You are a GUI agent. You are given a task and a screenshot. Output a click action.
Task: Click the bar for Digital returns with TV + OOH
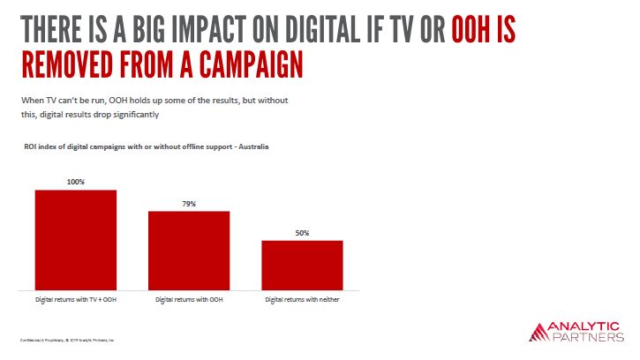[x=76, y=239]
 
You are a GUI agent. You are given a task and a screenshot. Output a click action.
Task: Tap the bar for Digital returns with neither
[x=302, y=265]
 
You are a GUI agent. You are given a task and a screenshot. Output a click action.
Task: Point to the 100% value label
[x=76, y=182]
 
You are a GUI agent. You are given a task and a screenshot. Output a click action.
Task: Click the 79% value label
[x=189, y=204]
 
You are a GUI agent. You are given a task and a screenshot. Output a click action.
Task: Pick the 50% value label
[x=302, y=233]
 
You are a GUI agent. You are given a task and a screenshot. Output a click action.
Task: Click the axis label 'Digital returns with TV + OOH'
[x=76, y=300]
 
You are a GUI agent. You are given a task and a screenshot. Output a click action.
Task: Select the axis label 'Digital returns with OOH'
[x=189, y=300]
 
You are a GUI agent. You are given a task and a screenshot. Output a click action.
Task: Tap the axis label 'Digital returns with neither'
[x=303, y=300]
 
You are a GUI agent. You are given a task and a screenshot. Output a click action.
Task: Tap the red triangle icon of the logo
[x=538, y=332]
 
